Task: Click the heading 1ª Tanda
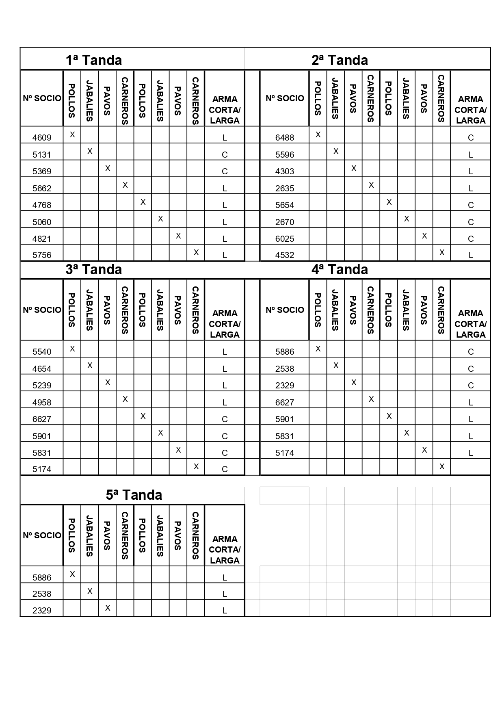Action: click(94, 60)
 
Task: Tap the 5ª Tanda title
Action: click(134, 495)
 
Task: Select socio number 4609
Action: click(42, 137)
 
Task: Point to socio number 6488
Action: click(285, 137)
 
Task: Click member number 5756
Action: click(42, 255)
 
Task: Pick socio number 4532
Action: click(285, 255)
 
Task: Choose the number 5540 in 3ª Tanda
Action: click(42, 352)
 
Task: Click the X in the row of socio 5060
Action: click(160, 219)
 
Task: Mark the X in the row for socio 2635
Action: click(371, 185)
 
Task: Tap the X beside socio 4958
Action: click(125, 399)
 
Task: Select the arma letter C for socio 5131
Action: click(225, 154)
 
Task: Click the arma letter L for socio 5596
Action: click(471, 154)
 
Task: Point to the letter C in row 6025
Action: click(471, 238)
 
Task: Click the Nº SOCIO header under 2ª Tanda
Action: click(285, 98)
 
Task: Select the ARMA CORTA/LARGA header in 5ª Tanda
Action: click(225, 550)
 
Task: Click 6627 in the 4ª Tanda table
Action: click(285, 402)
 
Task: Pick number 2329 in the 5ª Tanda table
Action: click(42, 610)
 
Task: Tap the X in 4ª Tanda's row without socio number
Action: click(442, 467)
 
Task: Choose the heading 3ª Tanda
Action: click(94, 269)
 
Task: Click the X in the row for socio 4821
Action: click(178, 236)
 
